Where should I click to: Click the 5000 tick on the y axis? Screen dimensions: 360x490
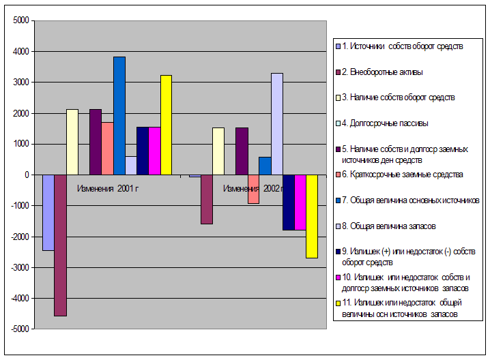click(20, 20)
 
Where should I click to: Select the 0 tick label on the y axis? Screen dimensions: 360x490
click(26, 175)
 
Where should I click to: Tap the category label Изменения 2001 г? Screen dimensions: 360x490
click(108, 188)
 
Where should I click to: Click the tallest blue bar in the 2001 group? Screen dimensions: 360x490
click(119, 116)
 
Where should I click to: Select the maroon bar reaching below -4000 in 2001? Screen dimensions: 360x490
click(61, 245)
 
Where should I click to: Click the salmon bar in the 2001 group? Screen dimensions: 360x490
click(107, 148)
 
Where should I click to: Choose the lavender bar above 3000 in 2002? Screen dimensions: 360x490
click(276, 123)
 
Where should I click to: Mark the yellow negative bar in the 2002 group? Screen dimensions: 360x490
click(311, 216)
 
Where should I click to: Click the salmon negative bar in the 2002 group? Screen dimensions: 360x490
click(253, 189)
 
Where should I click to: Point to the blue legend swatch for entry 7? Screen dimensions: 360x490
click(338, 200)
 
